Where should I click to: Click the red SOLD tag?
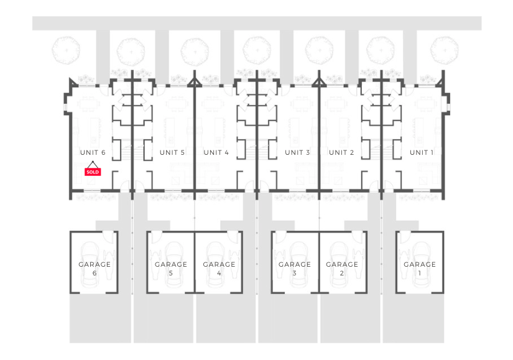[92, 172]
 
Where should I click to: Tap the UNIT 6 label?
[93, 152]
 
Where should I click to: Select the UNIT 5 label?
[172, 152]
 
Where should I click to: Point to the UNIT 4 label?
[216, 152]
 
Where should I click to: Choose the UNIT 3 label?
[297, 152]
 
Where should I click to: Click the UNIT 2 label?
[341, 152]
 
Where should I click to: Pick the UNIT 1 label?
[422, 152]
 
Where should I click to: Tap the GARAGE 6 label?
[95, 269]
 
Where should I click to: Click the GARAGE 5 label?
[170, 269]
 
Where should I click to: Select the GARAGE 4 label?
[219, 269]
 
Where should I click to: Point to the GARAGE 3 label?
[295, 269]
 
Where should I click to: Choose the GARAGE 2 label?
[342, 269]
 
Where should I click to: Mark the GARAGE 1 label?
[420, 269]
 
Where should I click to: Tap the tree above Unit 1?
[444, 48]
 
